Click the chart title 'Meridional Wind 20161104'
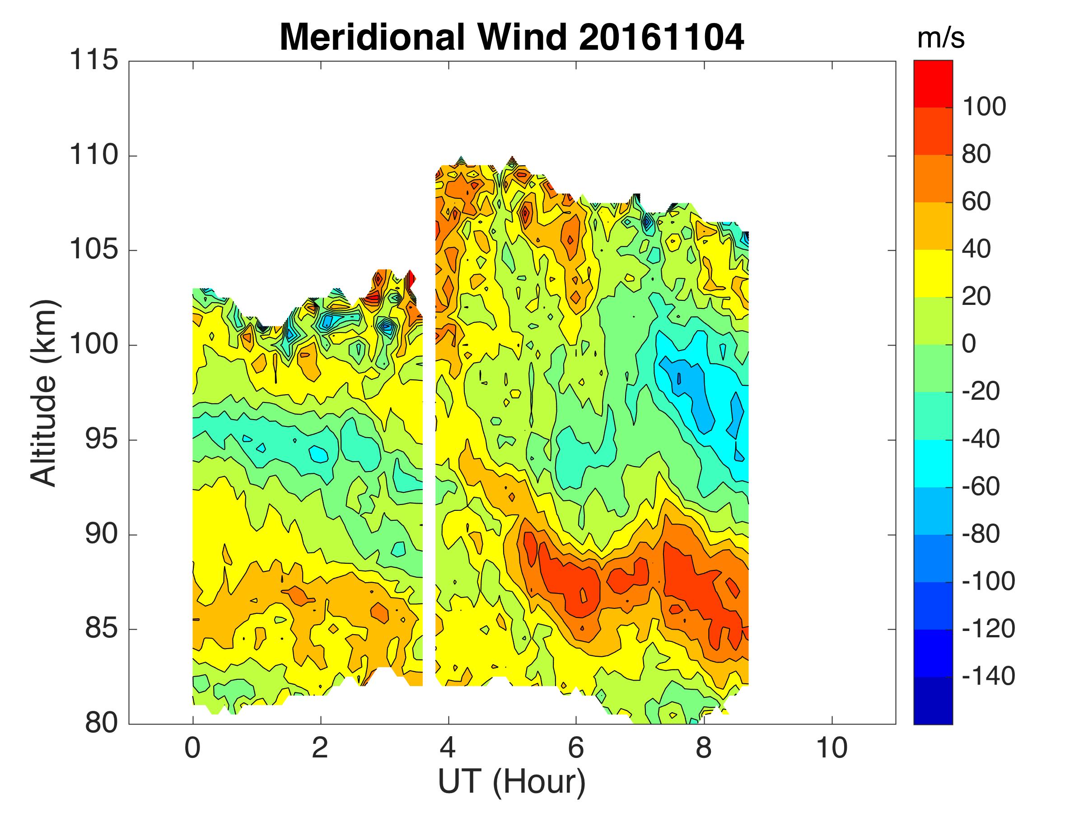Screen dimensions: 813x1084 [x=512, y=37]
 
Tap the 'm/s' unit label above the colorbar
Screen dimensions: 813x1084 [x=940, y=38]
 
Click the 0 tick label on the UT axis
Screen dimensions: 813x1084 [x=192, y=748]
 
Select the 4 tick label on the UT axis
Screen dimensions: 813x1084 [x=448, y=748]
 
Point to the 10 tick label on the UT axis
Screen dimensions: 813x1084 [x=832, y=748]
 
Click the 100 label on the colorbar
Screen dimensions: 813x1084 [x=984, y=107]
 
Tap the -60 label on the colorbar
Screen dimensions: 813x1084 [x=981, y=486]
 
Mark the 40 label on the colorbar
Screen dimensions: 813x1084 [x=976, y=249]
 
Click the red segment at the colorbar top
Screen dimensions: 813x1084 [x=933, y=83]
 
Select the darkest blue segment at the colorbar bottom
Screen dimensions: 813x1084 [x=933, y=701]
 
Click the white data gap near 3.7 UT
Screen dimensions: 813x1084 [x=429, y=490]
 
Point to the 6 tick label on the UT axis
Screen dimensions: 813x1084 [x=576, y=748]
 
